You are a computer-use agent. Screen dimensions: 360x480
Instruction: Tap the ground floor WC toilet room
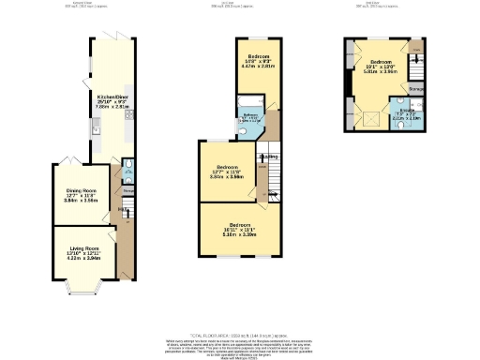pos(126,171)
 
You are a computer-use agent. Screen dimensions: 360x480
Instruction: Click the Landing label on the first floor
pos(268,157)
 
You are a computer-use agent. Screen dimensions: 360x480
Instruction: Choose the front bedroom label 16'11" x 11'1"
pos(243,230)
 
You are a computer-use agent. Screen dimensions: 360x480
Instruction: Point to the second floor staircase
pos(417,67)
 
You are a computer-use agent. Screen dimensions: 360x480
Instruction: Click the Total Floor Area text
pos(240,334)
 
